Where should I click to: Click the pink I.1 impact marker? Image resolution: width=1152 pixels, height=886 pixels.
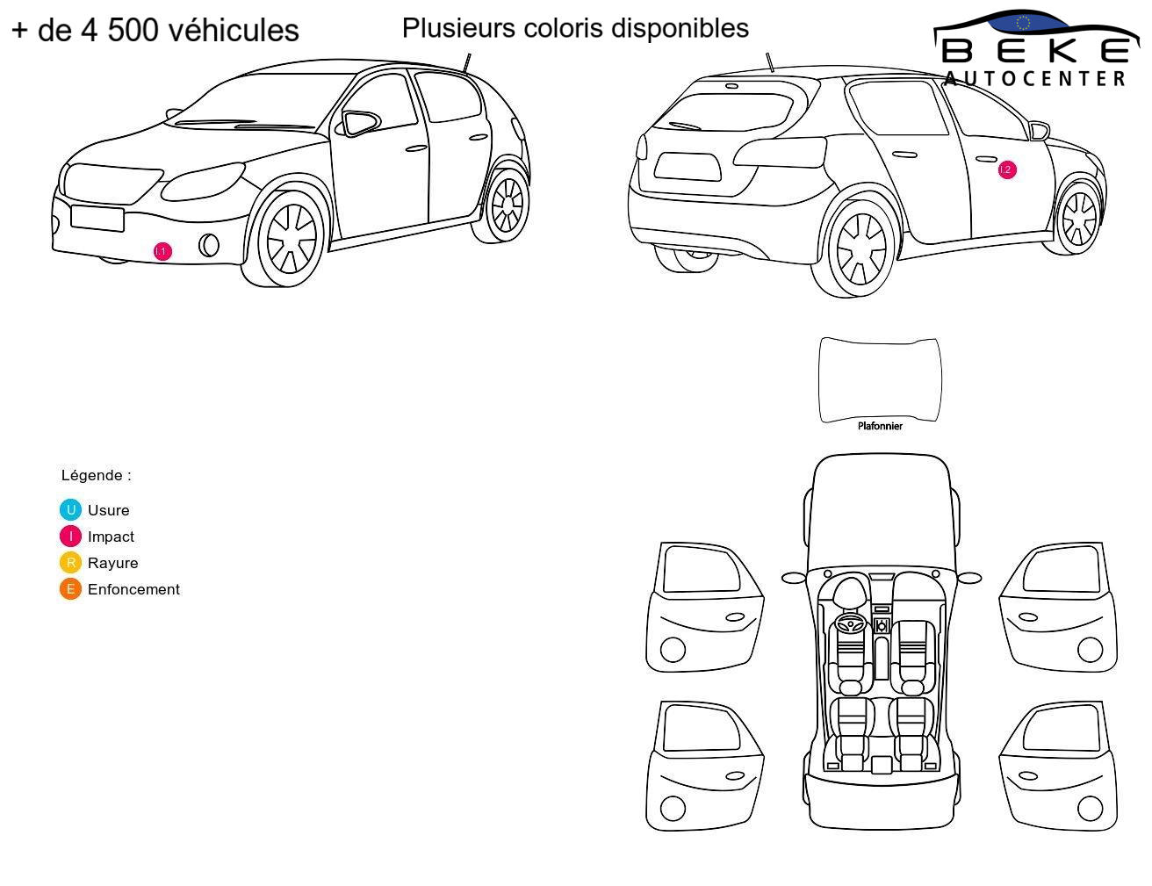(162, 251)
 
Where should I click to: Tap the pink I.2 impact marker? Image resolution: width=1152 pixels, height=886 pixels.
(1007, 169)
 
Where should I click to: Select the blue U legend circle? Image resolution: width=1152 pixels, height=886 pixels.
(70, 510)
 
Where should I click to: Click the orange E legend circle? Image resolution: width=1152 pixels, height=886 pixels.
(70, 588)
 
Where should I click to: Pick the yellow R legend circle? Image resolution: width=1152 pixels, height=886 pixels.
(70, 562)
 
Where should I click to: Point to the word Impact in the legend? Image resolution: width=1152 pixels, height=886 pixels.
(111, 537)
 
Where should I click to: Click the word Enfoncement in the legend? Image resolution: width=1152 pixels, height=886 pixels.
(133, 588)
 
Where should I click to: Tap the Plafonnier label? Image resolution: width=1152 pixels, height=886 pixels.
(880, 426)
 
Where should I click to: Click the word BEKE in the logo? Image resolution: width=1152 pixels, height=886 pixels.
(1035, 52)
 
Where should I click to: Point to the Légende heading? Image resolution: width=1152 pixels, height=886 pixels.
(96, 475)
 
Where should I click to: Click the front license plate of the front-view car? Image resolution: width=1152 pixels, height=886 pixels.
(97, 219)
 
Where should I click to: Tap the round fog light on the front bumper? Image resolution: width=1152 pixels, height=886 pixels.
(209, 245)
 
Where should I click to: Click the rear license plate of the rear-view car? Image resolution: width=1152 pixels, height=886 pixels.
(687, 167)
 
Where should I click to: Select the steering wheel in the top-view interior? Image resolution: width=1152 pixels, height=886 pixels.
(851, 623)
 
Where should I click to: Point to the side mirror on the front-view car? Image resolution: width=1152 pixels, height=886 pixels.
(361, 123)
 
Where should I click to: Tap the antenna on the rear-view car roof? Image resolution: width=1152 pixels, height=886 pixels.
(770, 62)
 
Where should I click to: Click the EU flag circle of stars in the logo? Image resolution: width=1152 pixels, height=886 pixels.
(1023, 23)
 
